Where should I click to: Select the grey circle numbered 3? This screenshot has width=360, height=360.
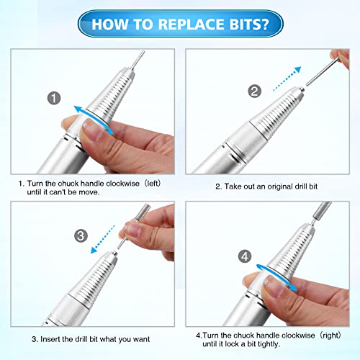click(x=82, y=235)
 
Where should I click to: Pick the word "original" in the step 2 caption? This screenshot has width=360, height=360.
click(x=284, y=186)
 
